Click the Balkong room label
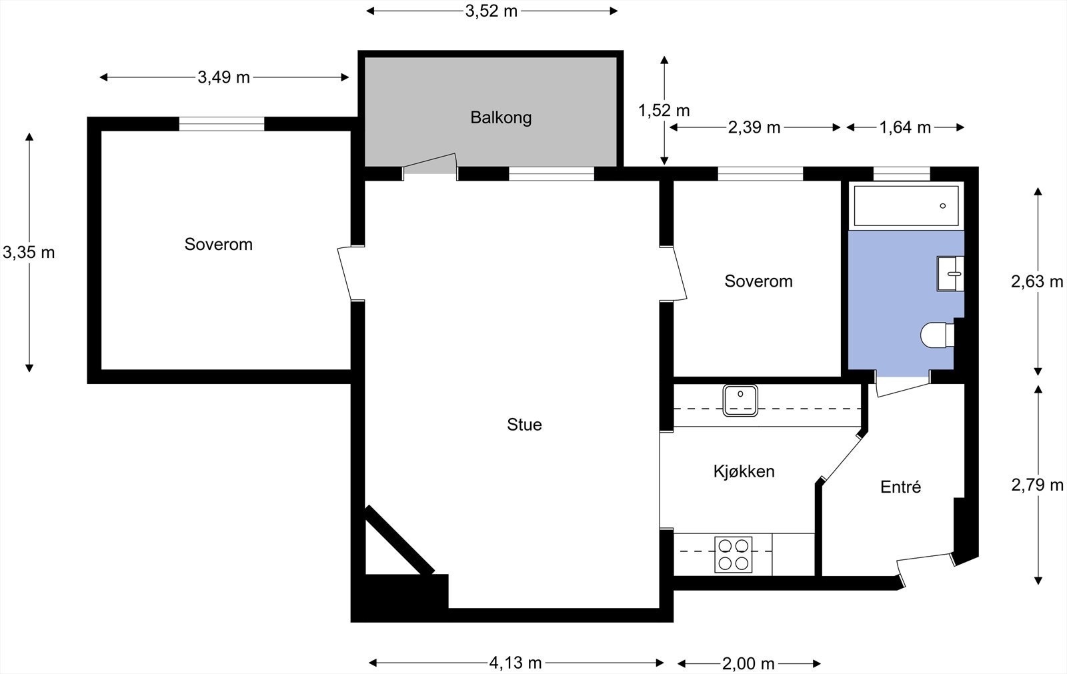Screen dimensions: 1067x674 pyautogui.click(x=501, y=117)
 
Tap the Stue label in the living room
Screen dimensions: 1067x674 pyautogui.click(x=524, y=425)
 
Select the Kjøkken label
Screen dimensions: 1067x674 pyautogui.click(x=744, y=471)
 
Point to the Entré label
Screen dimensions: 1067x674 pyautogui.click(x=900, y=487)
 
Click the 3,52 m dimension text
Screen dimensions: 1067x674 pyautogui.click(x=491, y=11)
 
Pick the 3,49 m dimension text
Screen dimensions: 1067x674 pyautogui.click(x=223, y=77)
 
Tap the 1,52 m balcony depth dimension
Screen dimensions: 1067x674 pyautogui.click(x=664, y=111)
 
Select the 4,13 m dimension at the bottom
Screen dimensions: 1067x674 pyautogui.click(x=515, y=663)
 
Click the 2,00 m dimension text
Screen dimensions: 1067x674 pyautogui.click(x=748, y=663)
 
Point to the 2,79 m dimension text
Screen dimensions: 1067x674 pyautogui.click(x=1037, y=485)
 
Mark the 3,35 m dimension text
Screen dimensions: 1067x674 pyautogui.click(x=29, y=252)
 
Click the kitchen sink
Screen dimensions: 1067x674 pyautogui.click(x=740, y=400)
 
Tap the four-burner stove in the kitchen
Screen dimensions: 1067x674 pyautogui.click(x=733, y=555)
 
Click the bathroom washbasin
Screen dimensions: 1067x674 pyautogui.click(x=950, y=273)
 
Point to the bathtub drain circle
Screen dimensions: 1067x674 pyautogui.click(x=943, y=206)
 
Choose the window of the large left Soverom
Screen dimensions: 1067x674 pyautogui.click(x=221, y=124)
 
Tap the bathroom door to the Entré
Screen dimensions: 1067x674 pyautogui.click(x=903, y=386)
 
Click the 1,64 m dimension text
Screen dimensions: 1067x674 pyautogui.click(x=904, y=127)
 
